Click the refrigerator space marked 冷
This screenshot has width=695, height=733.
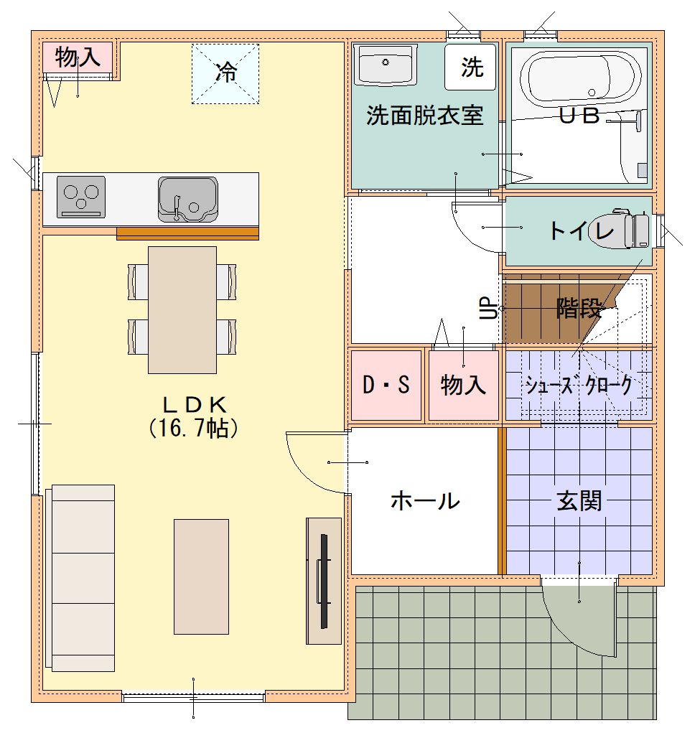(x=225, y=73)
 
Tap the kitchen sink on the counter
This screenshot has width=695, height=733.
(x=188, y=199)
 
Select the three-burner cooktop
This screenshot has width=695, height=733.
(x=81, y=197)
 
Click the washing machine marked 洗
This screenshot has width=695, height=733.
(x=470, y=67)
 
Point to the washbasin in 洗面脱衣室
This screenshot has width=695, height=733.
(x=385, y=65)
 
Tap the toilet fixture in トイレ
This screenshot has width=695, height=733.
(x=618, y=230)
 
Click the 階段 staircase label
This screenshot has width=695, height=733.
(x=579, y=308)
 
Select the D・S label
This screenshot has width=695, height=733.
(x=386, y=385)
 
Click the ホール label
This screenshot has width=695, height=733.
(x=425, y=500)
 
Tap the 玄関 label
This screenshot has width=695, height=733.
(x=579, y=502)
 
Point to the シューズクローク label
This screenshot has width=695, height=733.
(x=579, y=386)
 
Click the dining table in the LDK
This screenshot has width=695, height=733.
(x=182, y=310)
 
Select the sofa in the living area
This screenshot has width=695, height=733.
(x=80, y=578)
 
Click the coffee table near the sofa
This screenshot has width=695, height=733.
(x=202, y=576)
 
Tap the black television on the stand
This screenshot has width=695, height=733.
(x=323, y=581)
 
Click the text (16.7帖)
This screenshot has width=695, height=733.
(x=193, y=428)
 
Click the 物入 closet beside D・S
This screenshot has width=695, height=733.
(x=463, y=386)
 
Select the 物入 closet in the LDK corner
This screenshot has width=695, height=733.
(x=78, y=57)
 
